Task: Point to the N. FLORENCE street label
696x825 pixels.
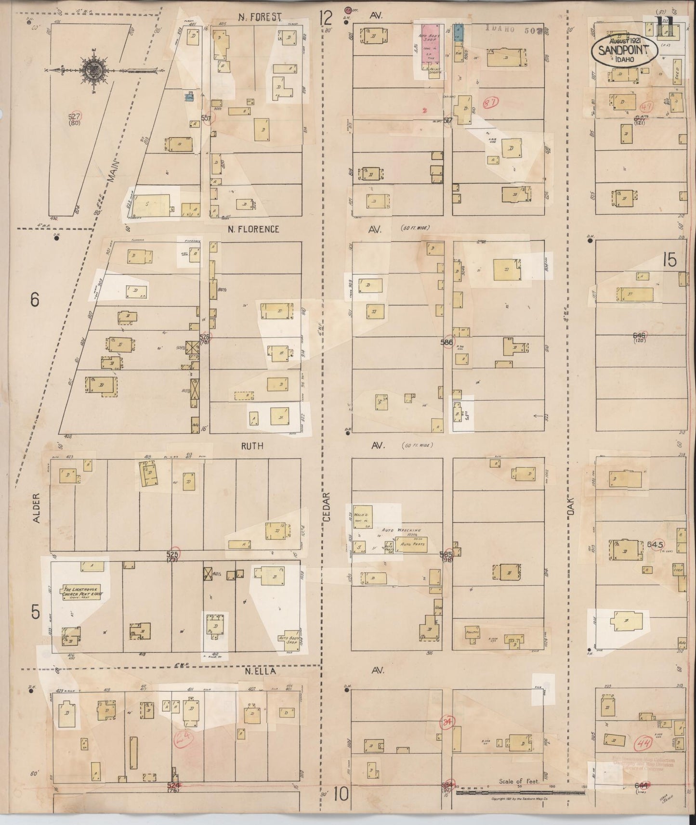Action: pyautogui.click(x=253, y=229)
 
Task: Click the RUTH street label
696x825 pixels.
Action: pyautogui.click(x=252, y=446)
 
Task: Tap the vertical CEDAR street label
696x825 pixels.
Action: pyautogui.click(x=327, y=507)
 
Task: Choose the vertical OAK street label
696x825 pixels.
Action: pyautogui.click(x=571, y=507)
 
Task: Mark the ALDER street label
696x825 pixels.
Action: pyautogui.click(x=35, y=507)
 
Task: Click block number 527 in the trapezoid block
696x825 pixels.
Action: pyautogui.click(x=75, y=116)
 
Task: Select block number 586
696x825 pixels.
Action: pyautogui.click(x=446, y=342)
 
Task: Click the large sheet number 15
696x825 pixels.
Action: pyautogui.click(x=670, y=260)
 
